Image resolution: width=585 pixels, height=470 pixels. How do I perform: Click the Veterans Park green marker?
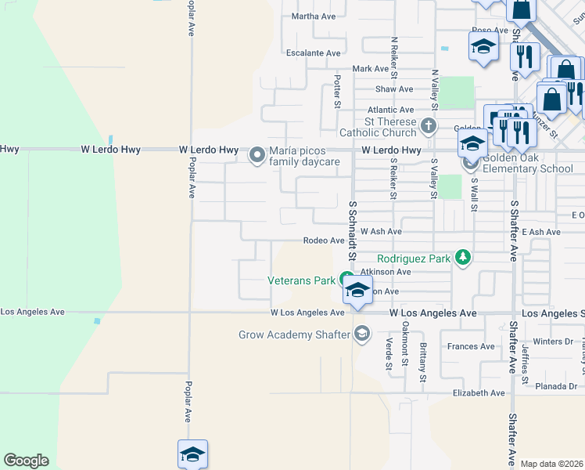coord(346,279)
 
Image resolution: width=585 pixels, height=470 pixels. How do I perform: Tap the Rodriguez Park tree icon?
coord(464,257)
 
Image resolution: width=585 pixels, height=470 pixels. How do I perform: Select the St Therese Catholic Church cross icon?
coord(428,125)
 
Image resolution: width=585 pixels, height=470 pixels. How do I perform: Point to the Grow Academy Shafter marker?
coord(361,334)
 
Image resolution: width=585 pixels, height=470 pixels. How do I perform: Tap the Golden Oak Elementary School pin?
coord(470,162)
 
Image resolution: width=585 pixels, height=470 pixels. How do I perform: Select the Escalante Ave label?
coord(313,53)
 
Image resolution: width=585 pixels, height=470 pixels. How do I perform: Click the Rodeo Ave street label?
coord(323,241)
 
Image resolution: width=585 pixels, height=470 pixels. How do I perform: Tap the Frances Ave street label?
coord(471,346)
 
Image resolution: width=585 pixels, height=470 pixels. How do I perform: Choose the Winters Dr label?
coord(553,342)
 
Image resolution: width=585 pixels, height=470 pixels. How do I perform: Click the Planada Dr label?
coord(557,386)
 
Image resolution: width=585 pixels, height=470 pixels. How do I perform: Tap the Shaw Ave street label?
coord(393,89)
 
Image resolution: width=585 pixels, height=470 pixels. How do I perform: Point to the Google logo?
coord(26,461)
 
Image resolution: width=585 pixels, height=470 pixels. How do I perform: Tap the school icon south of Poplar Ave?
coord(192,454)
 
